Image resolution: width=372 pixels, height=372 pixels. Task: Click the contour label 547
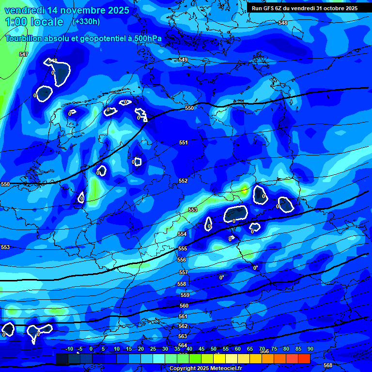coord(24,54)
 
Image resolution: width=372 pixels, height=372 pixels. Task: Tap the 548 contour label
coord(283,23)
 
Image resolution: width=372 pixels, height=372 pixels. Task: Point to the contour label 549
coord(183,60)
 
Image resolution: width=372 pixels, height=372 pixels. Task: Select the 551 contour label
coord(183,142)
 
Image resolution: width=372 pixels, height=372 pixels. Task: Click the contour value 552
coord(183,181)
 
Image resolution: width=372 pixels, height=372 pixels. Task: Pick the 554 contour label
coord(182,234)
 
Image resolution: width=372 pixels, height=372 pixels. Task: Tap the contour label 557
coord(183,272)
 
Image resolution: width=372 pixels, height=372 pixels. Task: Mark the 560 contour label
coord(184,306)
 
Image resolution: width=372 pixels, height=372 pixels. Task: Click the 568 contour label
coord(328,365)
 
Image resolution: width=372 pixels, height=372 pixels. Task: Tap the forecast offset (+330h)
coord(86,21)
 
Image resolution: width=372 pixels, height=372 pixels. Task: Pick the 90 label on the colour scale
coord(310,349)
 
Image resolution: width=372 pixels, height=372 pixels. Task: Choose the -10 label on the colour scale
coord(69,349)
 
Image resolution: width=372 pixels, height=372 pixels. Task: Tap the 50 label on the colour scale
coord(214,349)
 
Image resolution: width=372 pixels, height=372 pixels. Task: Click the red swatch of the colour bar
coord(304,358)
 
